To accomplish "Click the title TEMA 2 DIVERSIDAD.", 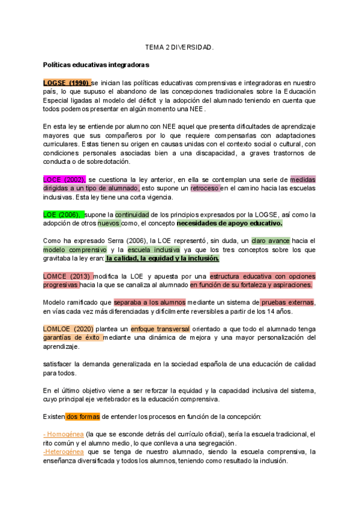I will pyautogui.click(x=179, y=46).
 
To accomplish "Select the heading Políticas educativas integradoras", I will pyautogui.click(x=96, y=64).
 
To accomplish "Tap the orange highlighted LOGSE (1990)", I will pyautogui.click(x=66, y=82).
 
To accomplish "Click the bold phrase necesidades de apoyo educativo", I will pyautogui.click(x=229, y=223).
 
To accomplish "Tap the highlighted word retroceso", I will pyautogui.click(x=205, y=188).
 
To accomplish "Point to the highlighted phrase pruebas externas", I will pyautogui.click(x=287, y=302).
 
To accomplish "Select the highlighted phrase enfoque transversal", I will pyautogui.click(x=160, y=329).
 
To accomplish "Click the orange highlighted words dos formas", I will pyautogui.click(x=82, y=416).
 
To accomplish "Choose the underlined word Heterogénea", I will pyautogui.click(x=64, y=452).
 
